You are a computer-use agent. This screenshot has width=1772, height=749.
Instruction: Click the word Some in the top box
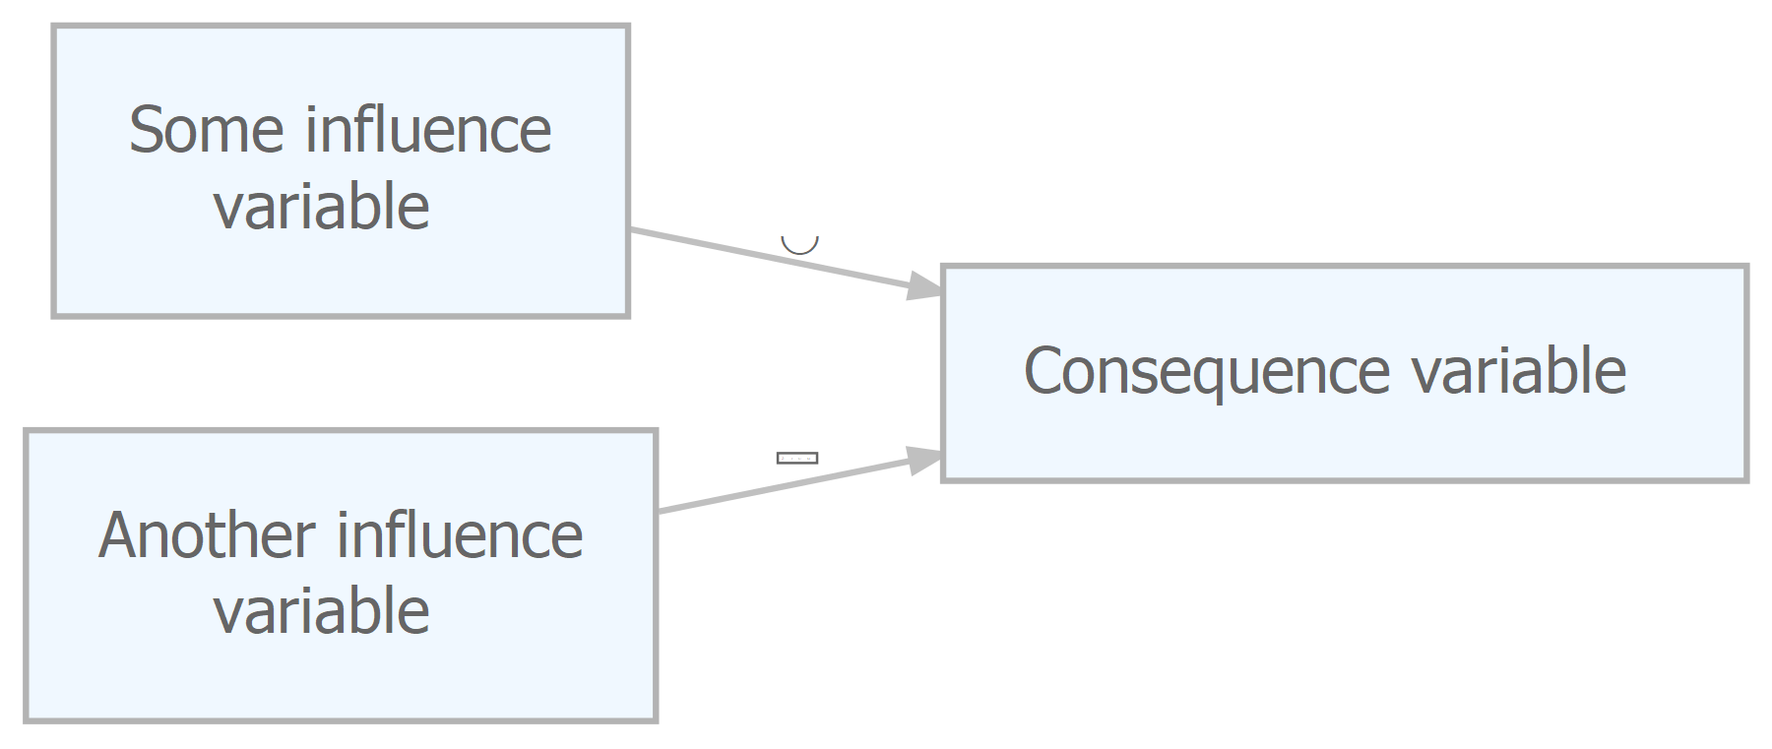click(x=207, y=130)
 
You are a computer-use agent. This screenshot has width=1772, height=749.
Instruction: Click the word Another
click(x=207, y=535)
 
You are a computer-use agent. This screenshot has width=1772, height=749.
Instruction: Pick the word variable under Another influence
click(x=322, y=611)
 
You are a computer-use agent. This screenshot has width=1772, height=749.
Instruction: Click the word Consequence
click(x=1207, y=373)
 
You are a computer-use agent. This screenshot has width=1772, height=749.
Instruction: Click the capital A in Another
click(x=117, y=535)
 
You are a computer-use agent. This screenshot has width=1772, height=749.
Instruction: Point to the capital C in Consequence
click(x=1044, y=371)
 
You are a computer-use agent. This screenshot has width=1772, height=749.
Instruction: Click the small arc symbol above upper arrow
click(x=799, y=246)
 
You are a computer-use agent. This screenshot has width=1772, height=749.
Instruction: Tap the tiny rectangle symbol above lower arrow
click(x=797, y=458)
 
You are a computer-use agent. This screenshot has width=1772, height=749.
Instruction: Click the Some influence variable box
click(x=341, y=171)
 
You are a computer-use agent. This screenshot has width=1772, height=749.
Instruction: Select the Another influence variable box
click(x=341, y=576)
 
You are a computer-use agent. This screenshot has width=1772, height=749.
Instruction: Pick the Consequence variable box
click(x=1345, y=373)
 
